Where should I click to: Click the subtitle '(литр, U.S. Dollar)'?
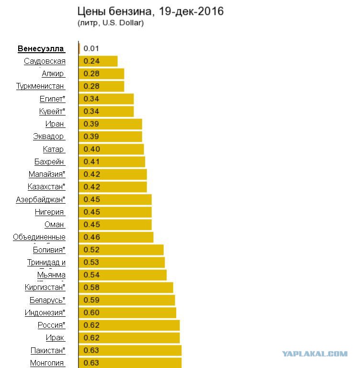point(111,23)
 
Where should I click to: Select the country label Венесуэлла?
point(41,48)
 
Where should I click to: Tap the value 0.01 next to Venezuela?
point(91,48)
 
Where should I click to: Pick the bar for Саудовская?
point(98,61)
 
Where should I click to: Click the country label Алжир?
point(53,74)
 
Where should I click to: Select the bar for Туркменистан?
point(101,86)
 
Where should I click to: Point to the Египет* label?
point(52,99)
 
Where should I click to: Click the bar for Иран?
point(110,124)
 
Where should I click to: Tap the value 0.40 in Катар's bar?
point(92,149)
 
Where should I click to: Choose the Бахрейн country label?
point(49,161)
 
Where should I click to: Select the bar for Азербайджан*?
point(115,199)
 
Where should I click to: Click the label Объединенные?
point(39,237)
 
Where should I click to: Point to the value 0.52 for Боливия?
point(91,250)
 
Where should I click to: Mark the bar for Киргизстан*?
point(126,287)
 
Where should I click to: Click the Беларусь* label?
point(47,300)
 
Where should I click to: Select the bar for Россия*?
point(129,325)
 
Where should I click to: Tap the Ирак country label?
point(55,338)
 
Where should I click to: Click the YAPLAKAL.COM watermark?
point(315,354)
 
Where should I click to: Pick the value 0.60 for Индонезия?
point(91,312)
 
